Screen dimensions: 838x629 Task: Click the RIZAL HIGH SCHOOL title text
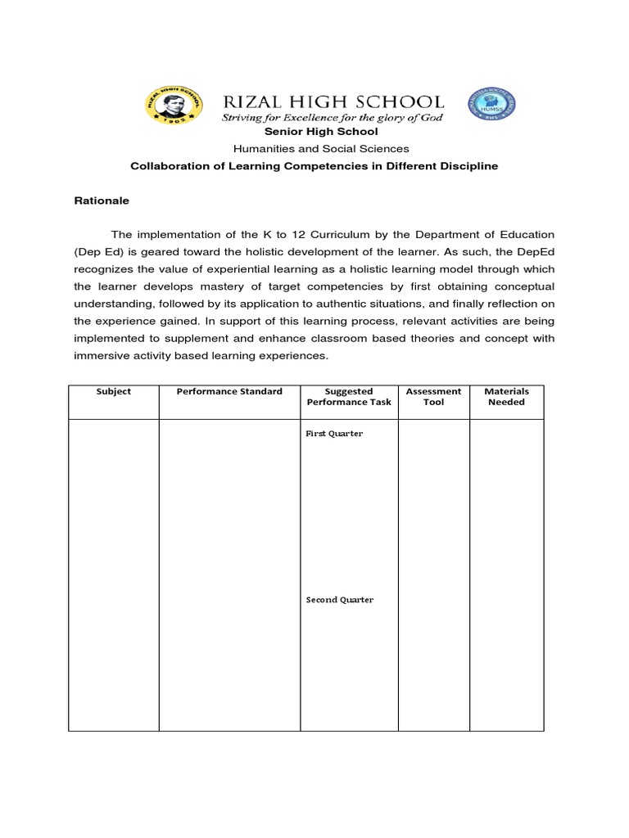(x=334, y=101)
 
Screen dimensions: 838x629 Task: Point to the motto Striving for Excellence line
(x=333, y=119)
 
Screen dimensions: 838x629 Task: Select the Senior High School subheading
(x=321, y=132)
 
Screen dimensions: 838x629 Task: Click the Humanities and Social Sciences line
(x=321, y=149)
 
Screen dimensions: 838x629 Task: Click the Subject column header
(x=114, y=391)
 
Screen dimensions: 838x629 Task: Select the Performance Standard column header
(x=229, y=391)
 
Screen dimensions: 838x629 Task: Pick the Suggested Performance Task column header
(x=349, y=397)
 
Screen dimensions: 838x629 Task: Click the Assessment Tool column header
(x=433, y=397)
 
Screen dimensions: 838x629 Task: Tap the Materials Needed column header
(x=506, y=397)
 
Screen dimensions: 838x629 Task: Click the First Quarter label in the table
(x=334, y=434)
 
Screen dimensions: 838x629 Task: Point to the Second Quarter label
(x=340, y=600)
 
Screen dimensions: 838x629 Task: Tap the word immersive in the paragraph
(x=99, y=356)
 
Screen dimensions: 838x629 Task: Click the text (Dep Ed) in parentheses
(x=98, y=252)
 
